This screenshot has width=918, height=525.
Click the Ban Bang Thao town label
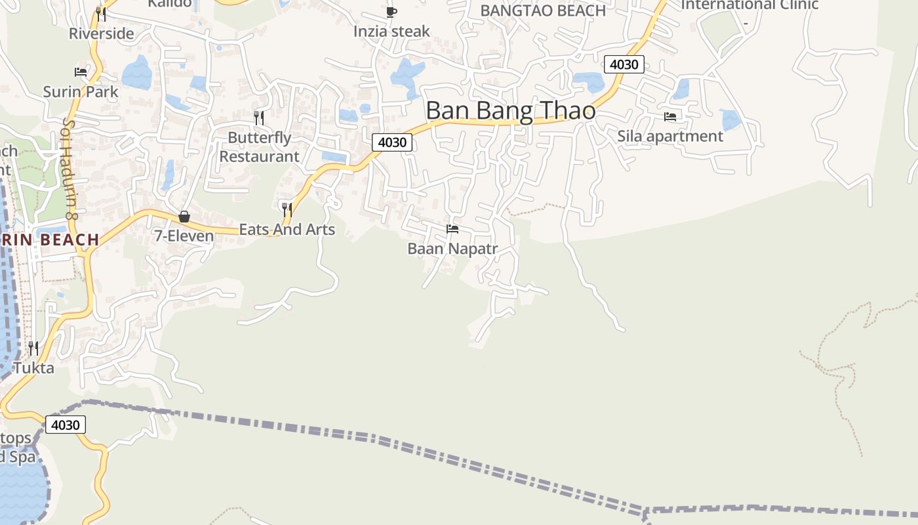coord(511,110)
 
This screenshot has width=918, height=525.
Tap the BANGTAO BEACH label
coord(543,10)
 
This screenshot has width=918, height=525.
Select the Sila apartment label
coord(670,136)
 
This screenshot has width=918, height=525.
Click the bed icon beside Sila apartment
coord(670,117)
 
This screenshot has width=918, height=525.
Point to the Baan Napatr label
coord(452,249)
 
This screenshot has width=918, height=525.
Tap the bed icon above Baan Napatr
coord(452,229)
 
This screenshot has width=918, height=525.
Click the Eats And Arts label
coord(287,230)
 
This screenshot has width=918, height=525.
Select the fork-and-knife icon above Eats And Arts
coord(287,210)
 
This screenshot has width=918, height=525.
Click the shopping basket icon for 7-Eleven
coord(184,217)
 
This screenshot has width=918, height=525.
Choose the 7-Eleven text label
coord(184,236)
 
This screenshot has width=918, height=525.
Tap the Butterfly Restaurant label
coord(259,147)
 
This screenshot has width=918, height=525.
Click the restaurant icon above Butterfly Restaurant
coord(259,117)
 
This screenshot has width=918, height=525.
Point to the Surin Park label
coord(81,91)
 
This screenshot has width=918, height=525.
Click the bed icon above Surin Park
coord(81,72)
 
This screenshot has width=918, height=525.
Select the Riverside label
coord(101,33)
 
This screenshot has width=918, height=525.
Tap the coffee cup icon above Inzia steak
coord(391,12)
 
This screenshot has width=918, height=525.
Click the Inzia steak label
coord(391,31)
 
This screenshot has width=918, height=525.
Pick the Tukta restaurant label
coord(33,367)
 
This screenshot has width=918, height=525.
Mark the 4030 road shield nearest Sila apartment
coord(624,64)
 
